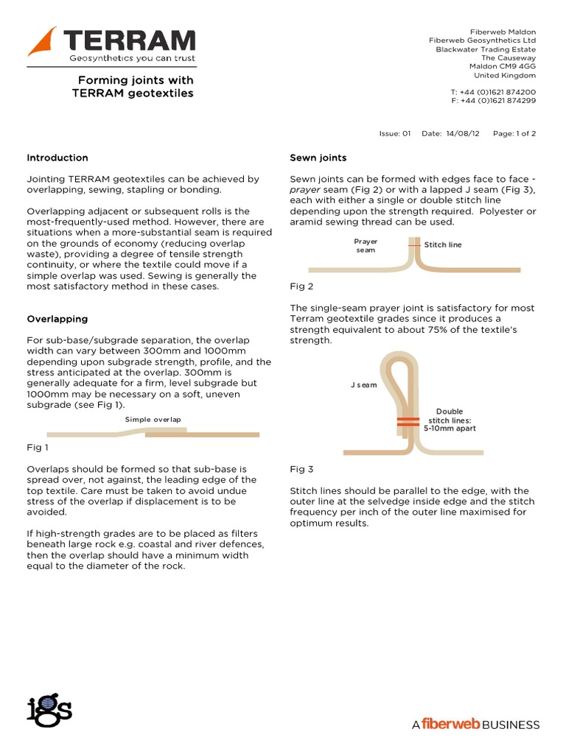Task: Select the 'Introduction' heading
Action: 57,158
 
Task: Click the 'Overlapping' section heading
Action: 57,319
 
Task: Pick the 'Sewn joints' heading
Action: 318,158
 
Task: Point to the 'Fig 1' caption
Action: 37,448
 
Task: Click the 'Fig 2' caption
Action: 301,286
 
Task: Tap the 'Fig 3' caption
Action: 301,469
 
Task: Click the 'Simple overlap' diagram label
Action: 153,420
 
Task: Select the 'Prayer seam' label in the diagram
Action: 366,246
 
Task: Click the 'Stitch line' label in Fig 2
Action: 444,244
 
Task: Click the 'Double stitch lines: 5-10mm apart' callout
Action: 449,420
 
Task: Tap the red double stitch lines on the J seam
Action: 408,422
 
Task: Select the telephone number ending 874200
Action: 493,91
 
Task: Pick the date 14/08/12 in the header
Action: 461,134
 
